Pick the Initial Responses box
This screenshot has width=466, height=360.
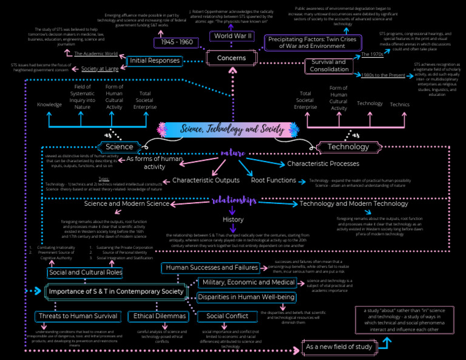point(155,61)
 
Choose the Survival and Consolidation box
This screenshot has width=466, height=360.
point(329,65)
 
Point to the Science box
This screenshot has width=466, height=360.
point(119,146)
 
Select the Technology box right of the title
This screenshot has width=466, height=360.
point(348,146)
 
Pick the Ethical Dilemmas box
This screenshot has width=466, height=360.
point(157,316)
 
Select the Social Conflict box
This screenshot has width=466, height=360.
point(227,316)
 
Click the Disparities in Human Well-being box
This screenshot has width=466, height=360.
point(246,297)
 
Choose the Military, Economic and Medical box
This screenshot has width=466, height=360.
point(249,282)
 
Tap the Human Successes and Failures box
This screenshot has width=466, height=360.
point(212,267)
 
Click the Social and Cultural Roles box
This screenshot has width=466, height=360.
point(85,273)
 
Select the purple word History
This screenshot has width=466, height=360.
point(233,219)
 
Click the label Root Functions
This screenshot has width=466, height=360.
point(273,180)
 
